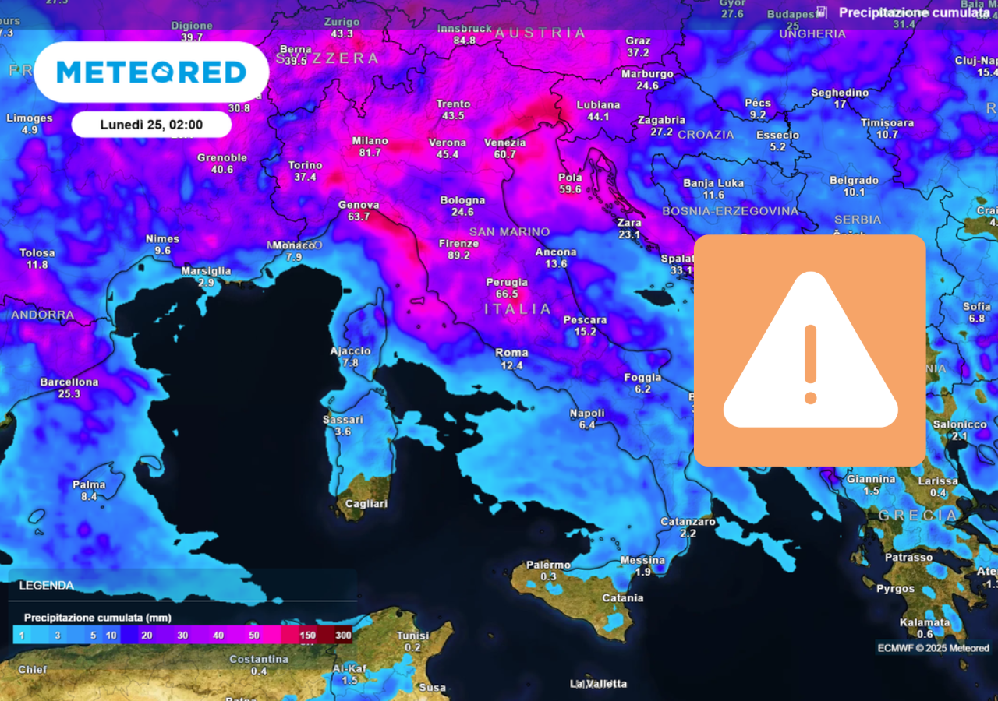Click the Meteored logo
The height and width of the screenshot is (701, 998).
tap(151, 72)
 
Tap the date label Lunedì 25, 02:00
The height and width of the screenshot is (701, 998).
tap(151, 125)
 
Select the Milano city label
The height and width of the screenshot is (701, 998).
tap(370, 141)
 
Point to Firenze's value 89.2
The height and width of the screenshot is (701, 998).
tap(459, 255)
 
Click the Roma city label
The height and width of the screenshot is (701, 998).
tap(511, 353)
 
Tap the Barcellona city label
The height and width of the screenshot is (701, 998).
tap(69, 382)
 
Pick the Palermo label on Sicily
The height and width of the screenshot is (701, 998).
tap(548, 564)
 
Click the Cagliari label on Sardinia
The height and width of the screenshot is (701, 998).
tap(366, 504)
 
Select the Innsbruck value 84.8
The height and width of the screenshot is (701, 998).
tap(465, 41)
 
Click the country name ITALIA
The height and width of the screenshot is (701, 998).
tap(518, 309)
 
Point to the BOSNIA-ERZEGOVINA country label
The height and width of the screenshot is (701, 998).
tap(730, 211)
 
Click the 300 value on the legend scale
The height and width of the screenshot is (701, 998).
tap(343, 636)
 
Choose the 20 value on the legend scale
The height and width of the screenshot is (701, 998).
tap(147, 636)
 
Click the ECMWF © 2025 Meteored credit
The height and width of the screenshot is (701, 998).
tap(933, 648)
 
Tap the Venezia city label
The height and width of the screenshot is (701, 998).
tap(504, 143)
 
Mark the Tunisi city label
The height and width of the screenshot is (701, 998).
tap(412, 636)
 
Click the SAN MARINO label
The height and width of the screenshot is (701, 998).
tap(509, 231)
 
